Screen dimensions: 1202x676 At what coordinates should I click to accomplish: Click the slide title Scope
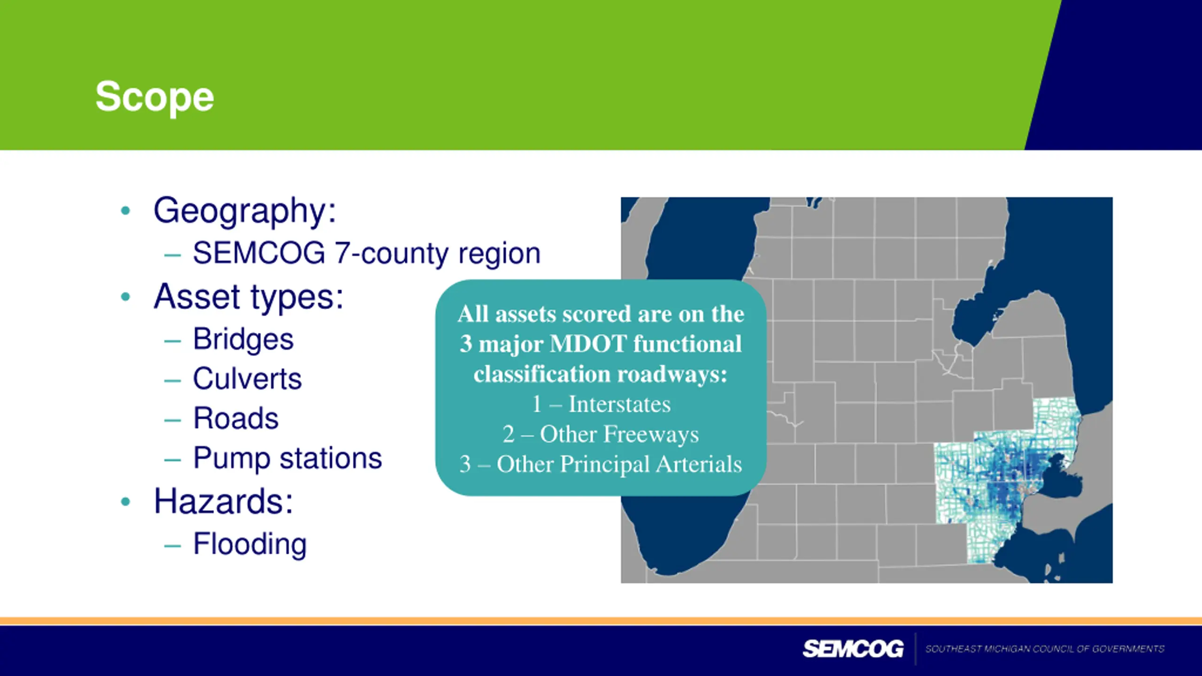154,97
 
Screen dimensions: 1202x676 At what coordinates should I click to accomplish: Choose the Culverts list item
247,378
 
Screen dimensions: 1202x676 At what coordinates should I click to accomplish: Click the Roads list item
236,418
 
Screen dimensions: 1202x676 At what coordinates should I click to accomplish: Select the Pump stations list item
288,459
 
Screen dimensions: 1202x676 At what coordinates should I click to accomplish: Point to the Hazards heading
223,501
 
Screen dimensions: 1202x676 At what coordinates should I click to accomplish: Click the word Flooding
250,545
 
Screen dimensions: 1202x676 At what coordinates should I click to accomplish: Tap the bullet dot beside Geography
125,211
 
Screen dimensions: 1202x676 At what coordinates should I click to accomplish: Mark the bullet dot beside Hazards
125,501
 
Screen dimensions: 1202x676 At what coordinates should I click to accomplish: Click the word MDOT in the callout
588,344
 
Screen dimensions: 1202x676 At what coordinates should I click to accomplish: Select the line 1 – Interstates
601,404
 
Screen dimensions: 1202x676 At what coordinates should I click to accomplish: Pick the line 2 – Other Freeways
601,434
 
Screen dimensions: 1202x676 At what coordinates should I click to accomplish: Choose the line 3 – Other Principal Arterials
601,464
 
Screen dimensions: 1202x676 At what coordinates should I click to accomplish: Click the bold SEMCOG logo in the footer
853,649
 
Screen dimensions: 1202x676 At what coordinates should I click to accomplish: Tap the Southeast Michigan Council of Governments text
1045,649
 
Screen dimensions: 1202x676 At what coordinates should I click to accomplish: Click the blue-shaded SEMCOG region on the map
1005,474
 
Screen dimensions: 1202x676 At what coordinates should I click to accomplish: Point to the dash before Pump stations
172,460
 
